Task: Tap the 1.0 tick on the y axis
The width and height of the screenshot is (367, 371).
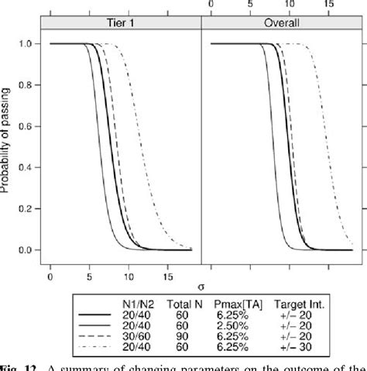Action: [29, 44]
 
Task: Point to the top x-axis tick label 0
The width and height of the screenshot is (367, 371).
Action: [211, 5]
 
